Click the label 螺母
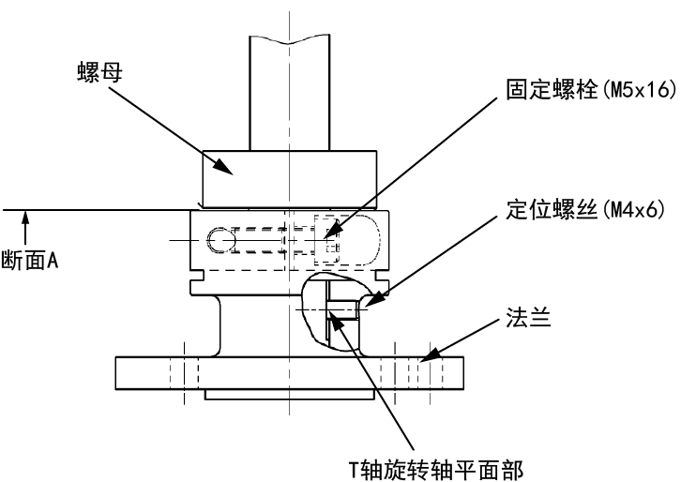pos(99,72)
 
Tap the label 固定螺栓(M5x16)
pos(591,90)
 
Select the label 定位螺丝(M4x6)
pos(585,210)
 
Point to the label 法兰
pos(528,317)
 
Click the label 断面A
pos(29,261)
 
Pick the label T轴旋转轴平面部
pos(436,470)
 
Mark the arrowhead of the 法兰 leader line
pos(429,354)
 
